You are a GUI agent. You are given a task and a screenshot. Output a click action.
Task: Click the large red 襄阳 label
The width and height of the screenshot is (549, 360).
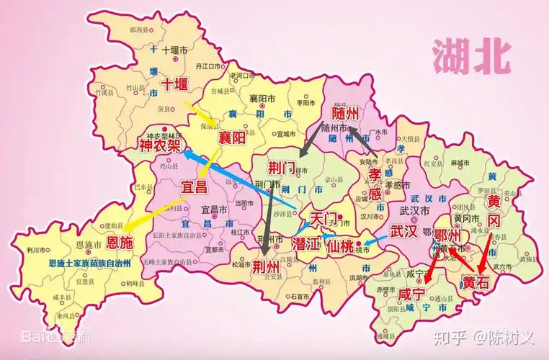click(x=233, y=137)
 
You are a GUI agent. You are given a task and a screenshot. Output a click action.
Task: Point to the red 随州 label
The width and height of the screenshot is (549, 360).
click(x=345, y=113)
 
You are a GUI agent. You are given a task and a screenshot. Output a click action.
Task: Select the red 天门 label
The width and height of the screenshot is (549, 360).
click(x=323, y=217)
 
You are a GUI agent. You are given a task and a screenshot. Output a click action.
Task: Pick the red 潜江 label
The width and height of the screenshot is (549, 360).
click(x=306, y=243)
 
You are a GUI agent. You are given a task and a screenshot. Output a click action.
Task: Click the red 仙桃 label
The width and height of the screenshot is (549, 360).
click(x=340, y=245)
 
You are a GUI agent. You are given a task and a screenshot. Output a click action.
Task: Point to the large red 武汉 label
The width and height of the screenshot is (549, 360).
click(x=403, y=232)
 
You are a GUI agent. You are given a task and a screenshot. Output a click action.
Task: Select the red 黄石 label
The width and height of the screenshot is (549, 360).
click(x=476, y=282)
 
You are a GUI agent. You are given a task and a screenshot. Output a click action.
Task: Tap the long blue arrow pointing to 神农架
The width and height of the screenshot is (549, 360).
click(x=238, y=180)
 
